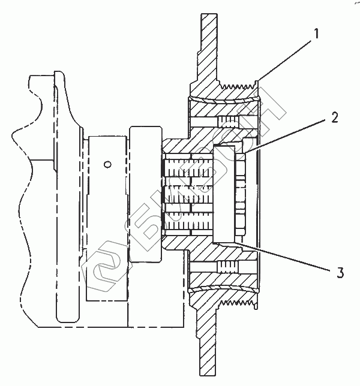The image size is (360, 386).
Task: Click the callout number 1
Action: [316, 34]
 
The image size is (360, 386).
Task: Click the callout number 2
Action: [335, 117]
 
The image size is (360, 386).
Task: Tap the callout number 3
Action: [340, 273]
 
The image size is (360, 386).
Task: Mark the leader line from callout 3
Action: [283, 257]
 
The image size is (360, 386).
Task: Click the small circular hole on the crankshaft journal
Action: [107, 164]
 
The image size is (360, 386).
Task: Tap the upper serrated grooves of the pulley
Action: [237, 86]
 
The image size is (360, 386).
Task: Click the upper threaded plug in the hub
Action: [229, 121]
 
